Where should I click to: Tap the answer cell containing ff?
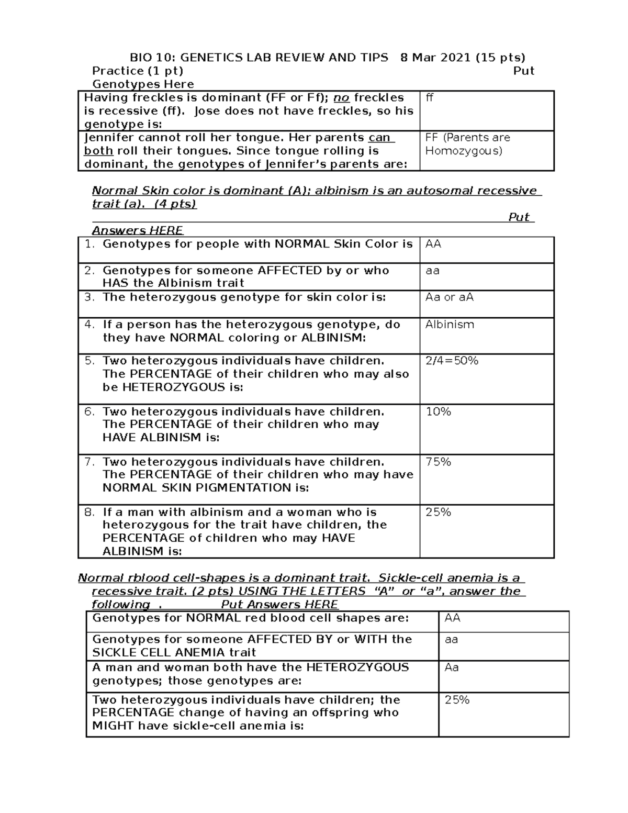pyautogui.click(x=430, y=98)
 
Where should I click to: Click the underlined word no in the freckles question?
pyautogui.click(x=342, y=98)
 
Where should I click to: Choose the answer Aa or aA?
pyautogui.click(x=450, y=297)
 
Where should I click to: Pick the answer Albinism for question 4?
pyautogui.click(x=450, y=325)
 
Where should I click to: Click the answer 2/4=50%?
pyautogui.click(x=452, y=361)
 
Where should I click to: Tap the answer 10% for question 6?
pyautogui.click(x=439, y=411)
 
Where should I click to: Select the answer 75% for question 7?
pyautogui.click(x=439, y=462)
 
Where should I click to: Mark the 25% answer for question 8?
pyautogui.click(x=439, y=512)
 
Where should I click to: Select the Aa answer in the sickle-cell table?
pyautogui.click(x=452, y=667)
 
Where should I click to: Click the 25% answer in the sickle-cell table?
pyautogui.click(x=457, y=700)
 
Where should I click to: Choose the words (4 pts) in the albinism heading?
pyautogui.click(x=175, y=204)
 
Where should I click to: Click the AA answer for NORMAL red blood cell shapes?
pyautogui.click(x=452, y=618)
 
